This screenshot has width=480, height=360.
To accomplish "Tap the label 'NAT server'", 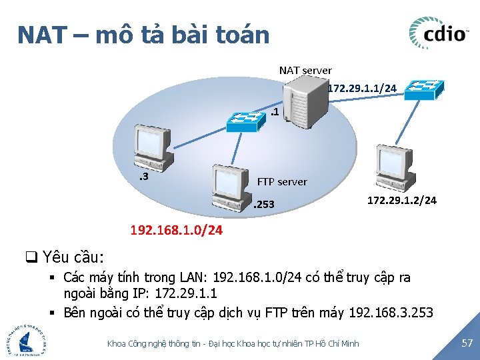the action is click(305, 70).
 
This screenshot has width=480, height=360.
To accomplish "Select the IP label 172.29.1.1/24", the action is click(363, 88).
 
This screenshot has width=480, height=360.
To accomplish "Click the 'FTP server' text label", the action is click(282, 181).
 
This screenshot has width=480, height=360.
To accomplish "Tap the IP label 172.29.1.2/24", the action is click(402, 199).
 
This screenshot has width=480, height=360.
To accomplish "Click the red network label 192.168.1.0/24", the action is click(177, 231).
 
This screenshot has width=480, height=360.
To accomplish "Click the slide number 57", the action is click(467, 343).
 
